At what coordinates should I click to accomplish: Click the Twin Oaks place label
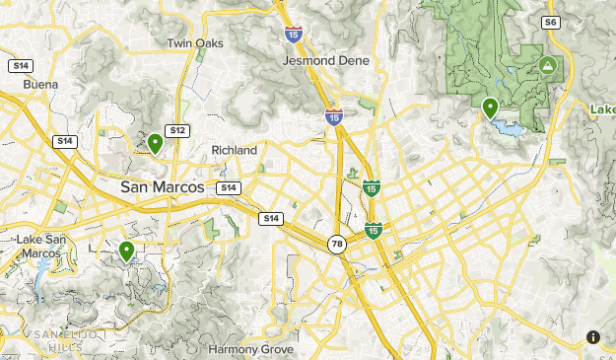tap(195, 43)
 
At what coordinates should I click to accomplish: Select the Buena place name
tap(40, 85)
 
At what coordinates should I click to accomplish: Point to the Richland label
tap(234, 150)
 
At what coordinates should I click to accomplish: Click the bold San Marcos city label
tap(162, 186)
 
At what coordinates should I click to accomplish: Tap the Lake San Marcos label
tap(39, 247)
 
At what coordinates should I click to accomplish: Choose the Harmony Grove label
tap(245, 349)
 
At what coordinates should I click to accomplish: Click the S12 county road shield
tap(177, 130)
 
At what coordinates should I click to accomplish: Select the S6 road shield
tap(550, 21)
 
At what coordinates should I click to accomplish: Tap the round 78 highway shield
tap(337, 244)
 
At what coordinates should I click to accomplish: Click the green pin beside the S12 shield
tap(155, 144)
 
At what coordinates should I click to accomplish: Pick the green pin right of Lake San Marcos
tap(126, 252)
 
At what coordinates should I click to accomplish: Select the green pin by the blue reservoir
tap(490, 108)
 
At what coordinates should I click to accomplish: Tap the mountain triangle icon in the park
tap(547, 66)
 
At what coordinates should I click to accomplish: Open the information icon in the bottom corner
tap(593, 337)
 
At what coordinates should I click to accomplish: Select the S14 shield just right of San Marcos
tap(228, 187)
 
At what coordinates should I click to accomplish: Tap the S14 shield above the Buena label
tap(20, 65)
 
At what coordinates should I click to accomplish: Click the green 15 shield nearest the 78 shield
tap(373, 230)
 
